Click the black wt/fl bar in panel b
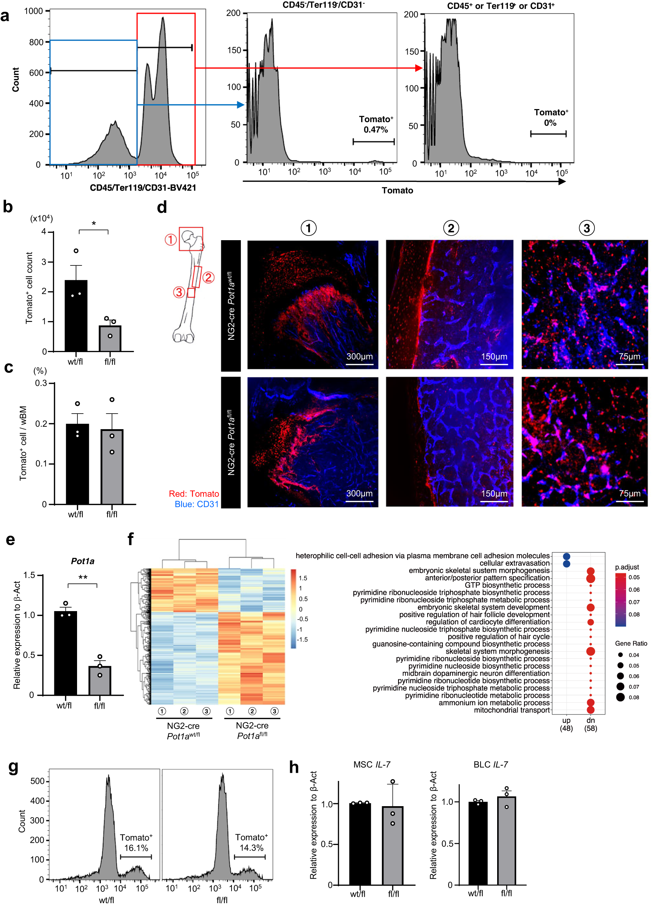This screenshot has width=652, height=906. click(76, 315)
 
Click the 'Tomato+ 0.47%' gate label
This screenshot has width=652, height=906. click(375, 124)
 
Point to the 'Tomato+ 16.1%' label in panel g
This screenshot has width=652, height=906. click(136, 842)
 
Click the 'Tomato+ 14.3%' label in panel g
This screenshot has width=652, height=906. click(251, 842)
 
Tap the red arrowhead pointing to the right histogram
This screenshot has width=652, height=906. click(418, 68)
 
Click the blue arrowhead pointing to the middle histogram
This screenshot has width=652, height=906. click(240, 105)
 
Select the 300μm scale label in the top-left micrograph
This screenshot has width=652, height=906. click(359, 356)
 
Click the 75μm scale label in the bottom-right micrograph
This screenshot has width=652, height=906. click(630, 494)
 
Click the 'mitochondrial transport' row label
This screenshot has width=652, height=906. click(511, 710)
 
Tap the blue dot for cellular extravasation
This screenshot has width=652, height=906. click(566, 563)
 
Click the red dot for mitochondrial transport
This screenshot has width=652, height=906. click(591, 710)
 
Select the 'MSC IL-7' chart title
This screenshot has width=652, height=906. click(372, 764)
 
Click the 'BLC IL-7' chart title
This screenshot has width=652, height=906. click(490, 764)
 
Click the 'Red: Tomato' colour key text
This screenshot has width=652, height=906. click(194, 494)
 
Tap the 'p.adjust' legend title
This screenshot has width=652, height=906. click(627, 567)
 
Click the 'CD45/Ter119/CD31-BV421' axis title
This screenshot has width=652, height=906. click(143, 188)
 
